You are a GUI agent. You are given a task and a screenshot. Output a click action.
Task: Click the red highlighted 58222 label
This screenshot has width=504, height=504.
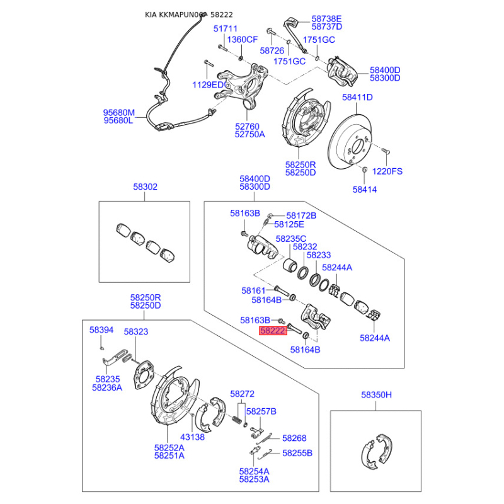(x=273, y=331)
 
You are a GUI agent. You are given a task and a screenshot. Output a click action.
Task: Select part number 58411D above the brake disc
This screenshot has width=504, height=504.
(x=357, y=97)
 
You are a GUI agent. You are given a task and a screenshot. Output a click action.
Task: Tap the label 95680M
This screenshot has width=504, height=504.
(x=118, y=113)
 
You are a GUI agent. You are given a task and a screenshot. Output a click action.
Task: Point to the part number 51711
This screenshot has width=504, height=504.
(x=226, y=28)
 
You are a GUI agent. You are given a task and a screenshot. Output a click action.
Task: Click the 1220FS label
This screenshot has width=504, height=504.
(x=387, y=171)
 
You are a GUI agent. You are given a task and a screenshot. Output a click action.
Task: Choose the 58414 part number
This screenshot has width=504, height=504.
(x=365, y=190)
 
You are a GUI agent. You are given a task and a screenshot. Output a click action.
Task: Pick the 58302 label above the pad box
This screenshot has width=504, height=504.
(x=146, y=186)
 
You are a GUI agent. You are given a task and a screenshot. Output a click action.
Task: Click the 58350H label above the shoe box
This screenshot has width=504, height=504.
(x=376, y=395)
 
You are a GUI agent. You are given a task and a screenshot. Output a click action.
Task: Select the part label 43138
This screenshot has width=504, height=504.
(x=192, y=437)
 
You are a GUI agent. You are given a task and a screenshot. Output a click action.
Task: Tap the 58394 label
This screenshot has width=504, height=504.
(x=101, y=329)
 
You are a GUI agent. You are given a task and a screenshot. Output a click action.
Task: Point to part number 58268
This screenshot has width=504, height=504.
(x=294, y=438)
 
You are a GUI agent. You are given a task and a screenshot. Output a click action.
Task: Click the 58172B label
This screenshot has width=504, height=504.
(x=301, y=215)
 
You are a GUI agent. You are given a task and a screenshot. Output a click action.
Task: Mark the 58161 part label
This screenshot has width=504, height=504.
(x=253, y=290)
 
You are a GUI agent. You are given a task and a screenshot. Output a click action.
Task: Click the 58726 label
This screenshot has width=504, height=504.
(x=272, y=51)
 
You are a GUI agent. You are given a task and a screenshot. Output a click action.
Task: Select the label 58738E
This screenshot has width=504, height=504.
(x=326, y=19)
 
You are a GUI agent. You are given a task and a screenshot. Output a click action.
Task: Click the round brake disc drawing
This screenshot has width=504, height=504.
(x=350, y=142)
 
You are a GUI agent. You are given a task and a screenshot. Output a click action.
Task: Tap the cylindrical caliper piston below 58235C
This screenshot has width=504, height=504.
(x=291, y=264)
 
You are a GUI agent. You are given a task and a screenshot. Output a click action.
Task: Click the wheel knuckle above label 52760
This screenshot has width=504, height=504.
(x=243, y=85)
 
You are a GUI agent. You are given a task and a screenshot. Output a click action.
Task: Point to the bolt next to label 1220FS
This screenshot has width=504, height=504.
(x=385, y=151)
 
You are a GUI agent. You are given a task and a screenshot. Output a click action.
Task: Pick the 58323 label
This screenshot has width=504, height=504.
(x=136, y=331)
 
